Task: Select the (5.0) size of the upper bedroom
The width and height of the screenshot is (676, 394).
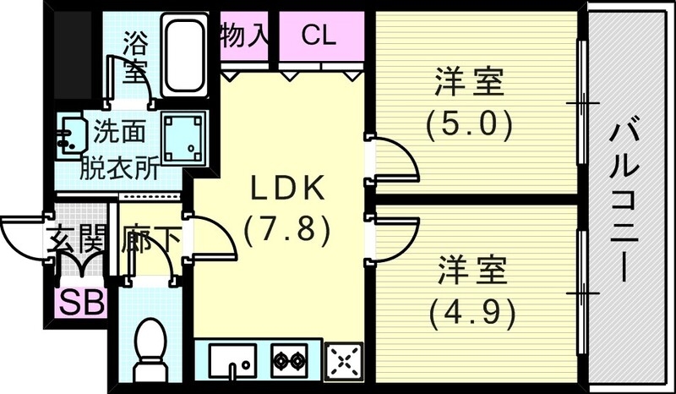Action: pyautogui.click(x=470, y=125)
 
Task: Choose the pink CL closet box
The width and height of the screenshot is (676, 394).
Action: pyautogui.click(x=319, y=36)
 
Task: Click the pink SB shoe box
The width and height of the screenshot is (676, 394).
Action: pyautogui.click(x=81, y=302)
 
